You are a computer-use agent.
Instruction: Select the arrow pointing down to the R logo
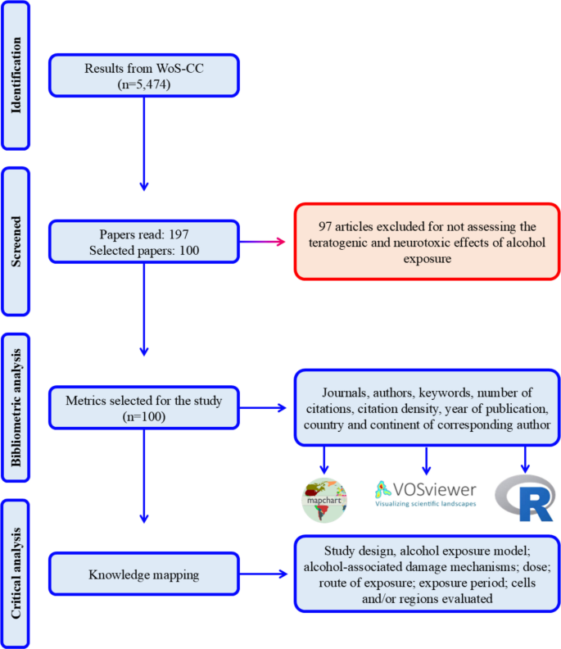point(525,459)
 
